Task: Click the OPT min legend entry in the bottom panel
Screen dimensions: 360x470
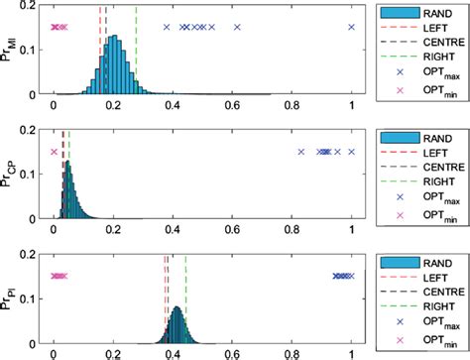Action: click(x=416, y=342)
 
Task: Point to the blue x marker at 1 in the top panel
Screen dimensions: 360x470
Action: click(x=352, y=27)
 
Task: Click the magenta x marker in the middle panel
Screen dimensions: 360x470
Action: click(x=54, y=152)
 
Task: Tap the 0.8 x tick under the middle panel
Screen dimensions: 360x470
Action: click(x=293, y=228)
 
